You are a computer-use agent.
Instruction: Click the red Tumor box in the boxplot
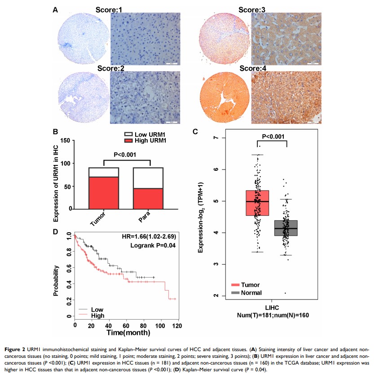[257, 203]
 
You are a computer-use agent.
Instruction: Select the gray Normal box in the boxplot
[286, 228]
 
